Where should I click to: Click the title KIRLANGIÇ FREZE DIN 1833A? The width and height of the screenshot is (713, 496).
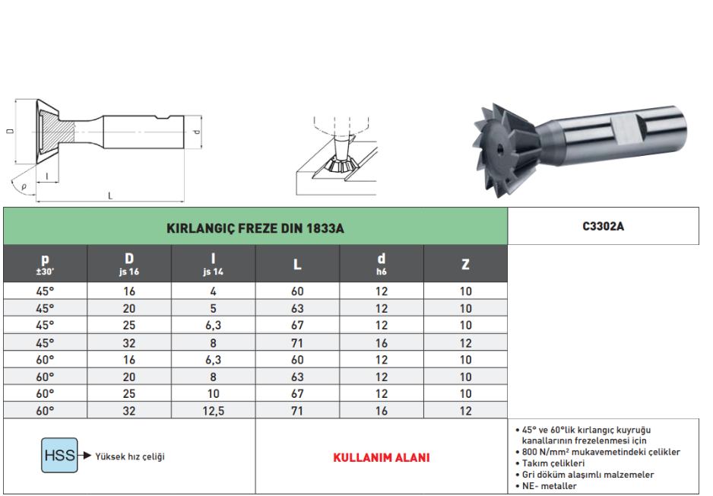coord(255,227)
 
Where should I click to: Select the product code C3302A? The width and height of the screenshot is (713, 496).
coord(603,226)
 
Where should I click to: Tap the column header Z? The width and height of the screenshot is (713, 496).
coord(465,265)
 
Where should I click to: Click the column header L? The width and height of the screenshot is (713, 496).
coord(297,265)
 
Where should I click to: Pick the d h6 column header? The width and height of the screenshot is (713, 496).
coord(382,263)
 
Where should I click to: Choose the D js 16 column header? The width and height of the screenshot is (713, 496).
coord(129,263)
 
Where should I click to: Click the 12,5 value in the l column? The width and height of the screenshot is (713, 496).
coord(214,411)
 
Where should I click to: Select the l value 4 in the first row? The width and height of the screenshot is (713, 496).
coord(214,291)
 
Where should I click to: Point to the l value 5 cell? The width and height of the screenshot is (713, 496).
coord(214,309)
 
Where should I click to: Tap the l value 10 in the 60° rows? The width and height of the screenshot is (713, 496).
coord(214,394)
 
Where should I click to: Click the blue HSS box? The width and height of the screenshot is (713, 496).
coord(59,456)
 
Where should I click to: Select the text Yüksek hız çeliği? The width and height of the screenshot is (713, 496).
coord(129,456)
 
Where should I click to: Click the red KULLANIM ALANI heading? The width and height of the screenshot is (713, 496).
coord(381,458)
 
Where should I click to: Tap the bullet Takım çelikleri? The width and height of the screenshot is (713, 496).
coord(553,463)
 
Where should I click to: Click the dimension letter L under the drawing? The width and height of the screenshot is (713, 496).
coord(110,196)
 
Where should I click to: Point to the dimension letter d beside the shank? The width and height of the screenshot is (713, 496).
coord(197,132)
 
